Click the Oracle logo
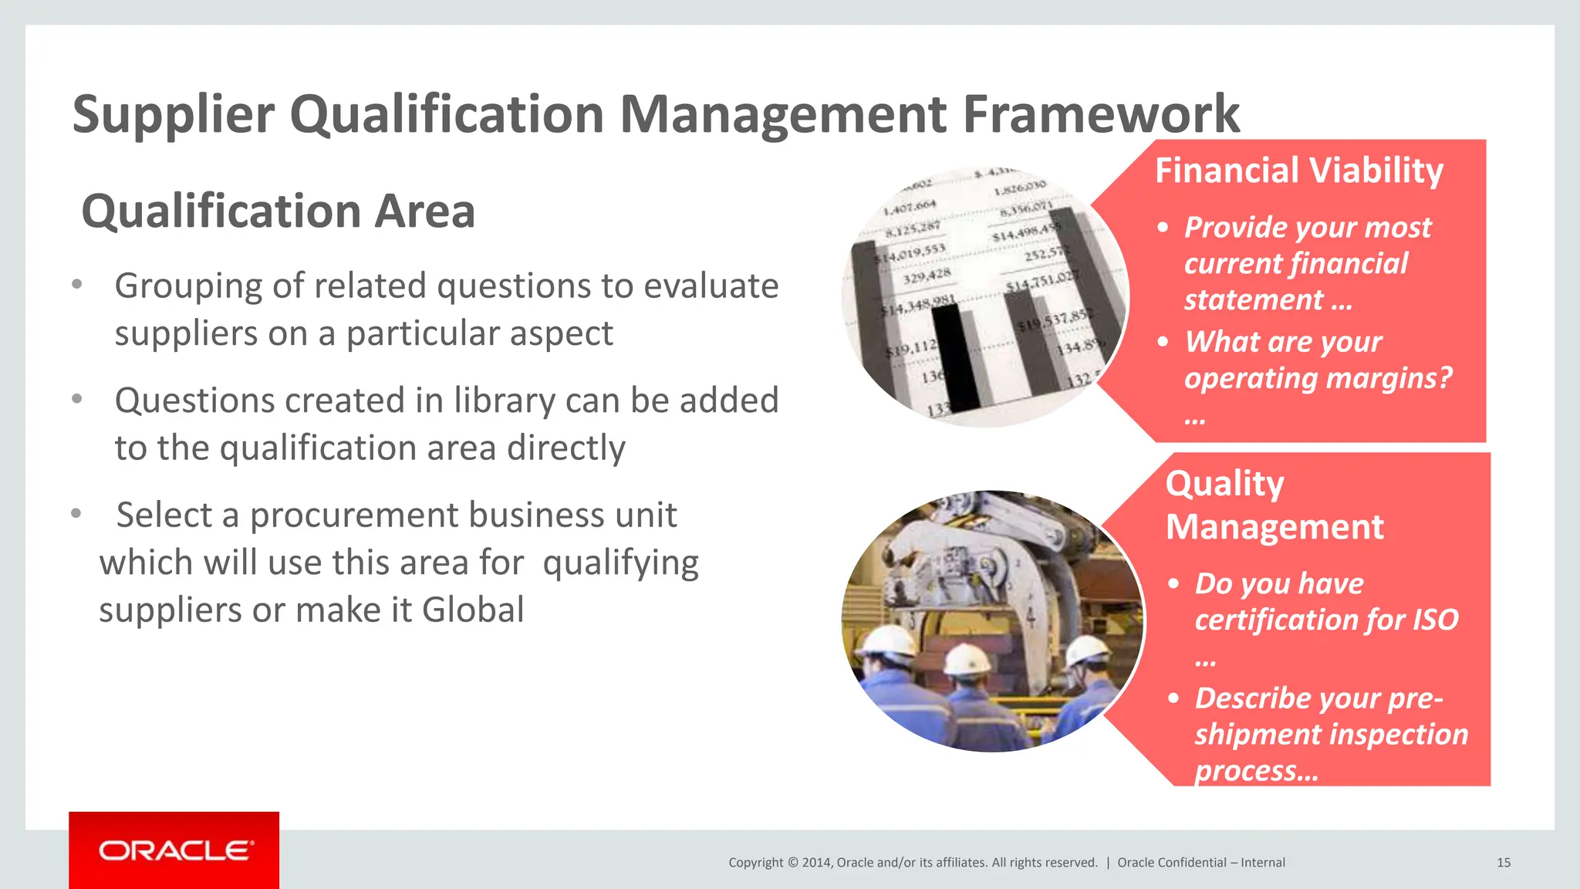pyautogui.click(x=174, y=850)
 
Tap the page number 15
pyautogui.click(x=1503, y=863)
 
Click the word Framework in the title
pyautogui.click(x=1101, y=114)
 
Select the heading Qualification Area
pyautogui.click(x=278, y=211)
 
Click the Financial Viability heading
pyautogui.click(x=1298, y=171)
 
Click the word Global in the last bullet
pyautogui.click(x=473, y=610)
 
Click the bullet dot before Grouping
pyautogui.click(x=76, y=285)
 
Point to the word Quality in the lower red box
pyautogui.click(x=1224, y=484)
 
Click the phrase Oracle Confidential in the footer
pyautogui.click(x=1171, y=863)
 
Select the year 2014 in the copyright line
pyautogui.click(x=815, y=863)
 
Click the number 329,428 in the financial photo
pyautogui.click(x=927, y=275)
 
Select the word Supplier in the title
pyautogui.click(x=173, y=114)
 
